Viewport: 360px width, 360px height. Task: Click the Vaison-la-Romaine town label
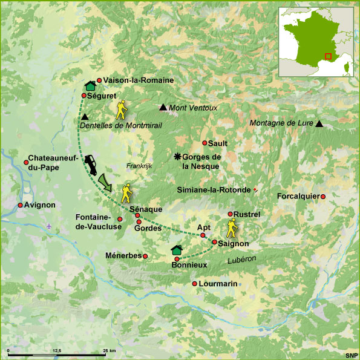tap(139, 80)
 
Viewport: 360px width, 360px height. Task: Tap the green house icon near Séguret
tap(91, 85)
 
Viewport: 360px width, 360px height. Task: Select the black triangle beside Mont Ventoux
tap(163, 108)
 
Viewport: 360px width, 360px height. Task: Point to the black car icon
tap(92, 163)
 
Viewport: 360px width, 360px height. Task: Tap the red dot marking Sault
tap(205, 143)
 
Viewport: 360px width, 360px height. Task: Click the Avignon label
tap(41, 205)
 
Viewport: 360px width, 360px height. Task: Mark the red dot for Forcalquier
tap(323, 196)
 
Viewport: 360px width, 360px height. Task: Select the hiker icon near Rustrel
tap(232, 228)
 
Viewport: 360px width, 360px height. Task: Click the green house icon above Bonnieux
tap(177, 250)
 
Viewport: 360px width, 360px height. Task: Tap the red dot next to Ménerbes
tap(145, 256)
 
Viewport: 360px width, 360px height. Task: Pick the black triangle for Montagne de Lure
tap(319, 124)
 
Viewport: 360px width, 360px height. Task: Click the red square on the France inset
tap(328, 56)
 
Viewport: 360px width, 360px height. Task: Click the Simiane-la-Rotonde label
tap(213, 189)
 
